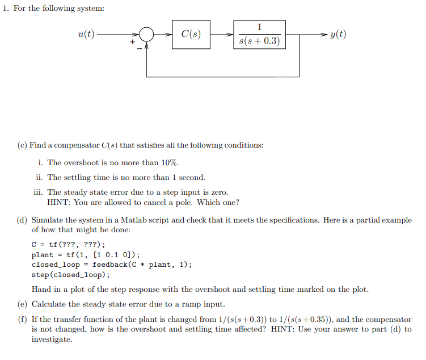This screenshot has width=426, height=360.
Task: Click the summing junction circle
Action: click(x=147, y=34)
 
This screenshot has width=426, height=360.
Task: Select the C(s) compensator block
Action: click(x=191, y=34)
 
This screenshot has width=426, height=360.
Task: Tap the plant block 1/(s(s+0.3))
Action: click(x=259, y=35)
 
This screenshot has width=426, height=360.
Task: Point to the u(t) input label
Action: click(x=86, y=34)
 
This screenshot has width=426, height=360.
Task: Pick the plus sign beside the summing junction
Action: click(x=133, y=41)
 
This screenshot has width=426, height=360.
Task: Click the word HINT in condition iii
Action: click(x=58, y=202)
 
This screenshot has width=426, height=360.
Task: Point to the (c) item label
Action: click(x=22, y=145)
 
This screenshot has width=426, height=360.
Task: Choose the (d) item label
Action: click(x=22, y=220)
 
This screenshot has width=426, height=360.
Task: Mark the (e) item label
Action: click(x=22, y=304)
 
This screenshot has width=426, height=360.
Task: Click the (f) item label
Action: click(x=22, y=320)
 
